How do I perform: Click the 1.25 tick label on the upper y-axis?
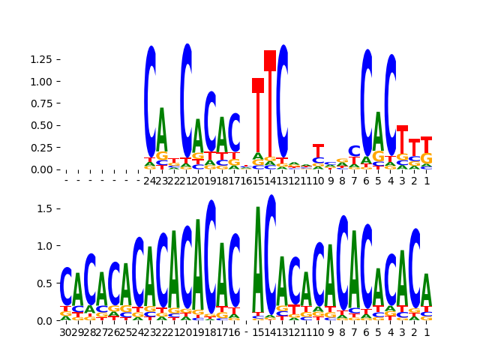click(40, 59)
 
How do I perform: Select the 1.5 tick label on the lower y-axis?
click(46, 208)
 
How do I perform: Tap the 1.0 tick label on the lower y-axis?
click(46, 245)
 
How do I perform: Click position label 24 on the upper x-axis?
click(150, 180)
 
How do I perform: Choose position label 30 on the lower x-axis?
click(66, 331)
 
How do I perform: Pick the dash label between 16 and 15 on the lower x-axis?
click(246, 331)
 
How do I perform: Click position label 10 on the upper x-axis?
click(318, 180)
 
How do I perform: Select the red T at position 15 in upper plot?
click(258, 85)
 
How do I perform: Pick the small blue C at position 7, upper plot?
click(355, 151)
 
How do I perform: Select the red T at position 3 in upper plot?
click(403, 129)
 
